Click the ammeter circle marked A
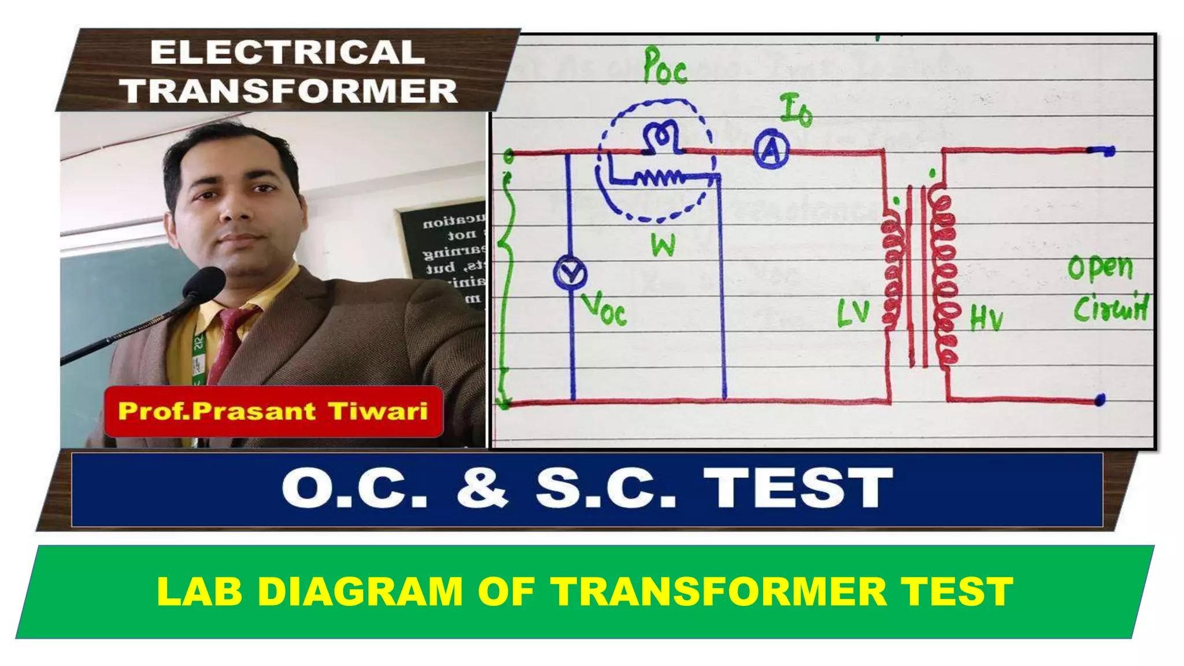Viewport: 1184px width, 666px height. [x=771, y=151]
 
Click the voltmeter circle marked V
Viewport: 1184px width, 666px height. [x=570, y=274]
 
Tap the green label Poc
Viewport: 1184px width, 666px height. [x=665, y=66]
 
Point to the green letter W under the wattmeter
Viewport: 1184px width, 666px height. [x=663, y=245]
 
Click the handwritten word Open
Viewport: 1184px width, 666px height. [x=1100, y=268]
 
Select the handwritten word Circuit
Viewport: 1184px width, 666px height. [x=1111, y=308]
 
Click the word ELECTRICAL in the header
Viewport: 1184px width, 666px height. [x=287, y=53]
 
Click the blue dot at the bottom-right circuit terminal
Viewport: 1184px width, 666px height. [x=1100, y=399]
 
